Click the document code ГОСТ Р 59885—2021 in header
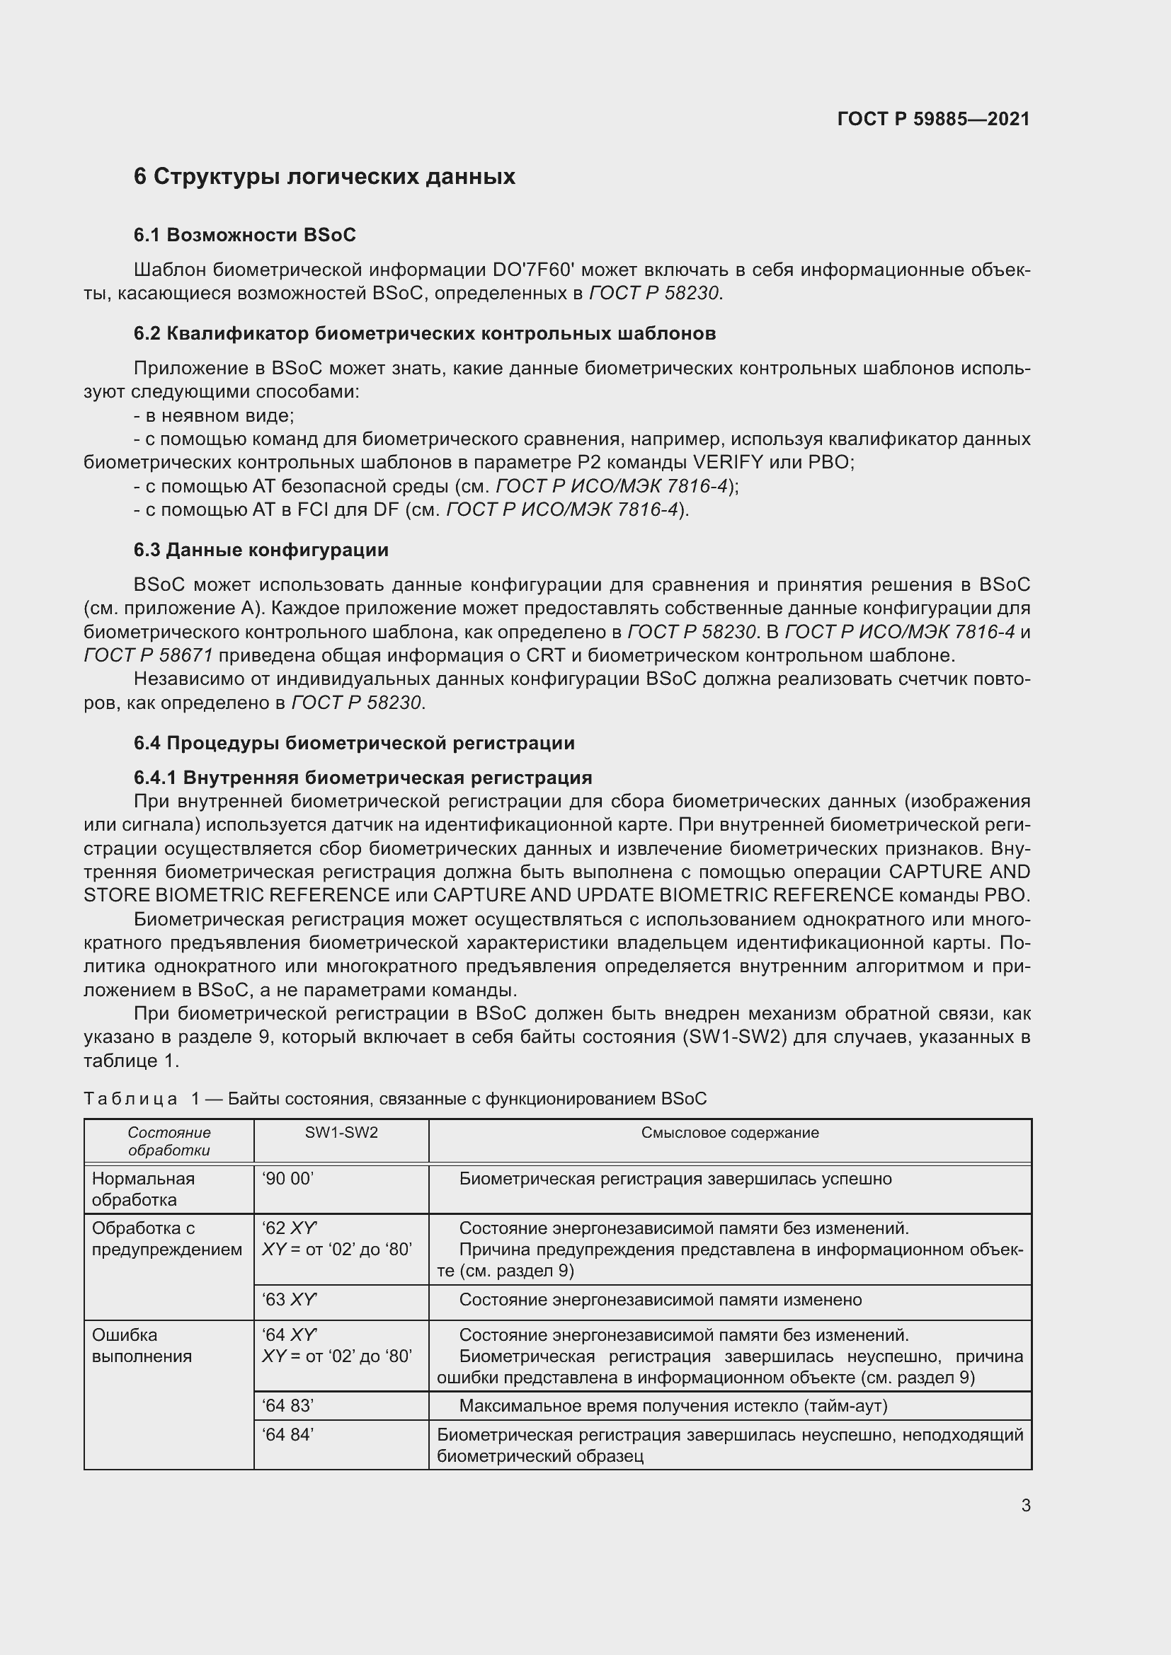click(933, 119)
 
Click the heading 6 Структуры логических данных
click(324, 177)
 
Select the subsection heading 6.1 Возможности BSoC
click(244, 235)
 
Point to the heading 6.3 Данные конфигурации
click(261, 550)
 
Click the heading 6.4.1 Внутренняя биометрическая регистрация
click(362, 778)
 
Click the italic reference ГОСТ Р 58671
click(148, 655)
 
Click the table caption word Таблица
click(130, 1099)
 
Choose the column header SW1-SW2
click(341, 1132)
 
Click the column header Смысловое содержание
click(730, 1132)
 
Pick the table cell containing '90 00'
click(287, 1179)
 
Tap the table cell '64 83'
click(287, 1406)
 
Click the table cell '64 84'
click(287, 1434)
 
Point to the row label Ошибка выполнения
click(142, 1345)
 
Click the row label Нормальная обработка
click(143, 1189)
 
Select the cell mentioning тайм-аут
click(673, 1406)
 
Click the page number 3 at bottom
click(1025, 1505)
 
